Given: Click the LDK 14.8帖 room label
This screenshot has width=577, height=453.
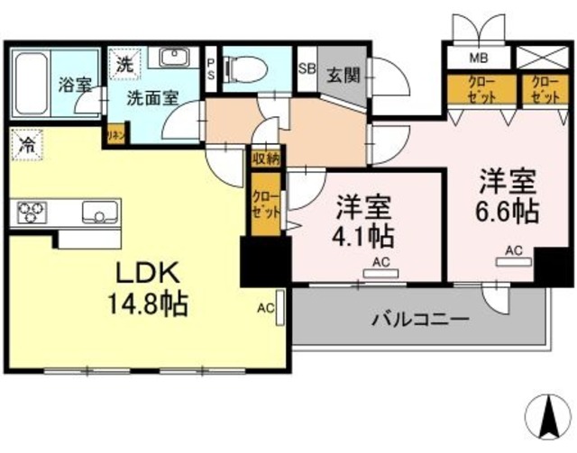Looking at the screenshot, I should [149, 286].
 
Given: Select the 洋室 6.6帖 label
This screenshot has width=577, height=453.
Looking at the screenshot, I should [508, 195].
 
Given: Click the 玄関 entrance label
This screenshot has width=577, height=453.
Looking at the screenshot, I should [343, 73].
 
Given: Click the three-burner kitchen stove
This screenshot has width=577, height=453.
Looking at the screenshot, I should [32, 213].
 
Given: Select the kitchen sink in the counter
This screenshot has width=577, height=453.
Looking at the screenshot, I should [96, 213].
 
